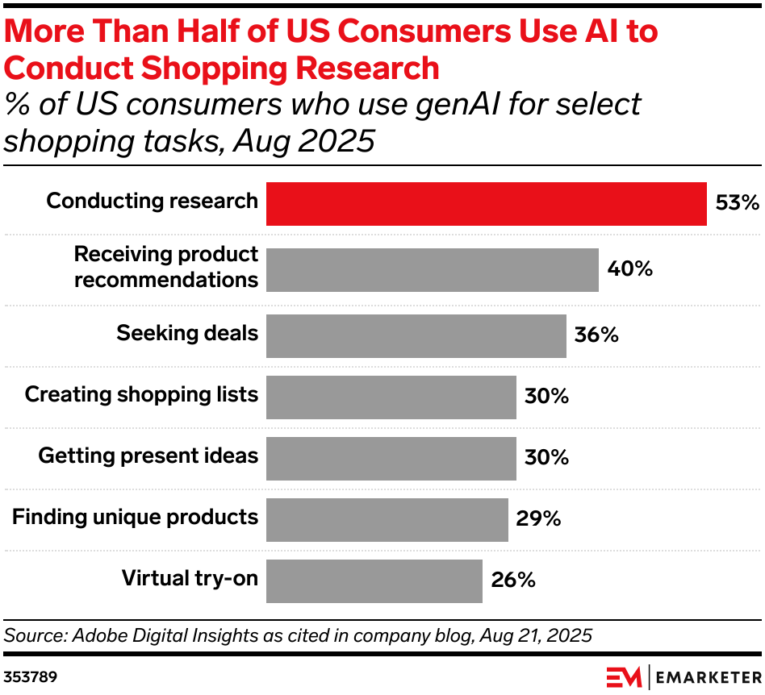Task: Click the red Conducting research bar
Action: [x=486, y=203]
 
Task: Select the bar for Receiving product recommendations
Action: [x=432, y=269]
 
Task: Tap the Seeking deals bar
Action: [x=416, y=335]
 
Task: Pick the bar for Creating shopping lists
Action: [x=391, y=397]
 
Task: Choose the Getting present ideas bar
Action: [x=391, y=458]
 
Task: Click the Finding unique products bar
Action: [x=387, y=519]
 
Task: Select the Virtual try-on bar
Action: [x=374, y=581]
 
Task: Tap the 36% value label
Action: [x=596, y=335]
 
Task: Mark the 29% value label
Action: [x=538, y=519]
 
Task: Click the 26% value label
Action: [x=512, y=581]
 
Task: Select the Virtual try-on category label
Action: [x=190, y=578]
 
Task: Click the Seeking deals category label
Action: [x=187, y=333]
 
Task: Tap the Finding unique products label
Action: [x=135, y=517]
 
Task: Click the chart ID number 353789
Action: [x=31, y=675]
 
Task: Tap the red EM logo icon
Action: [x=623, y=675]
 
